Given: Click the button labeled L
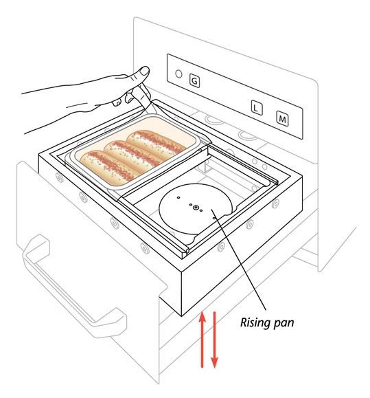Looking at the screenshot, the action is (257, 108).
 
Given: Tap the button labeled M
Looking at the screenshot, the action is (282, 118).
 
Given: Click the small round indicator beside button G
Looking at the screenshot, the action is (178, 74).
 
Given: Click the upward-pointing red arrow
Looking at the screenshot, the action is (202, 340).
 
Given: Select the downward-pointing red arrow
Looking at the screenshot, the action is (214, 340).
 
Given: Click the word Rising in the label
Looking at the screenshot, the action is (255, 323).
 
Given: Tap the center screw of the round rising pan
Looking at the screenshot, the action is (196, 208).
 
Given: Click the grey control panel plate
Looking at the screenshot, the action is (235, 96).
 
